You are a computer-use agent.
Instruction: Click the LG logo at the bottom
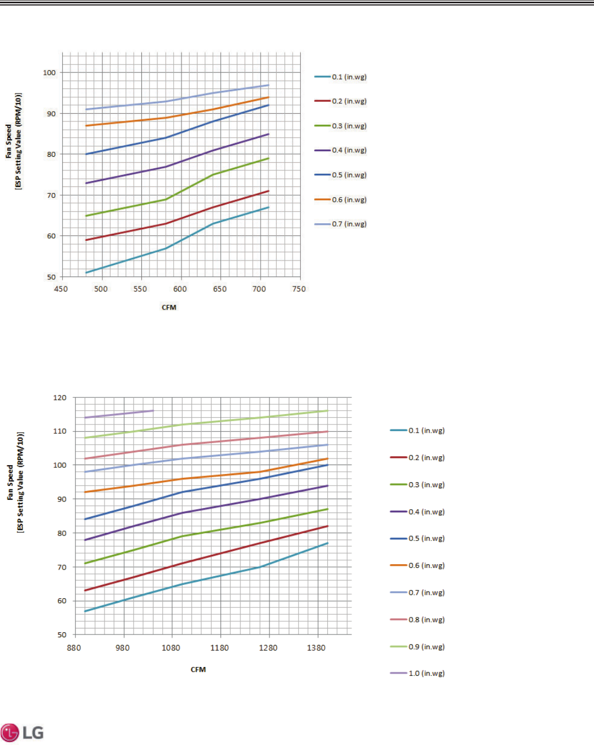tap(23, 732)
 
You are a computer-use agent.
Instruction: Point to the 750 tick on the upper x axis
tap(299, 289)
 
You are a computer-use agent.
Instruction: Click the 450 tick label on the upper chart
tap(61, 289)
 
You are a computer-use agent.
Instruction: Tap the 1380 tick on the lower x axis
tap(316, 648)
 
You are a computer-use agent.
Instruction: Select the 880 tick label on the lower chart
tap(74, 648)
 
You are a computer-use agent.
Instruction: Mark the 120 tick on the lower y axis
tap(59, 398)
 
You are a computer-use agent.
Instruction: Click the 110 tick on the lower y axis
tap(59, 432)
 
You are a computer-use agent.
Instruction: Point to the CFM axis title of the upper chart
tap(169, 307)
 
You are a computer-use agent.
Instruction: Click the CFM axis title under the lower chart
tap(198, 670)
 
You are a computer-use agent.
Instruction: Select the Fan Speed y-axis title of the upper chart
tap(14, 141)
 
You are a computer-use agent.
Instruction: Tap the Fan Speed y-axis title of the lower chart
tap(15, 482)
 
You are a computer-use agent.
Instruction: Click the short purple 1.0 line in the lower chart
tap(119, 414)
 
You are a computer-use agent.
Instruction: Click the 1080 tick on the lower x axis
tap(171, 648)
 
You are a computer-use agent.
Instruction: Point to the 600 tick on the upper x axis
tap(180, 289)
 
